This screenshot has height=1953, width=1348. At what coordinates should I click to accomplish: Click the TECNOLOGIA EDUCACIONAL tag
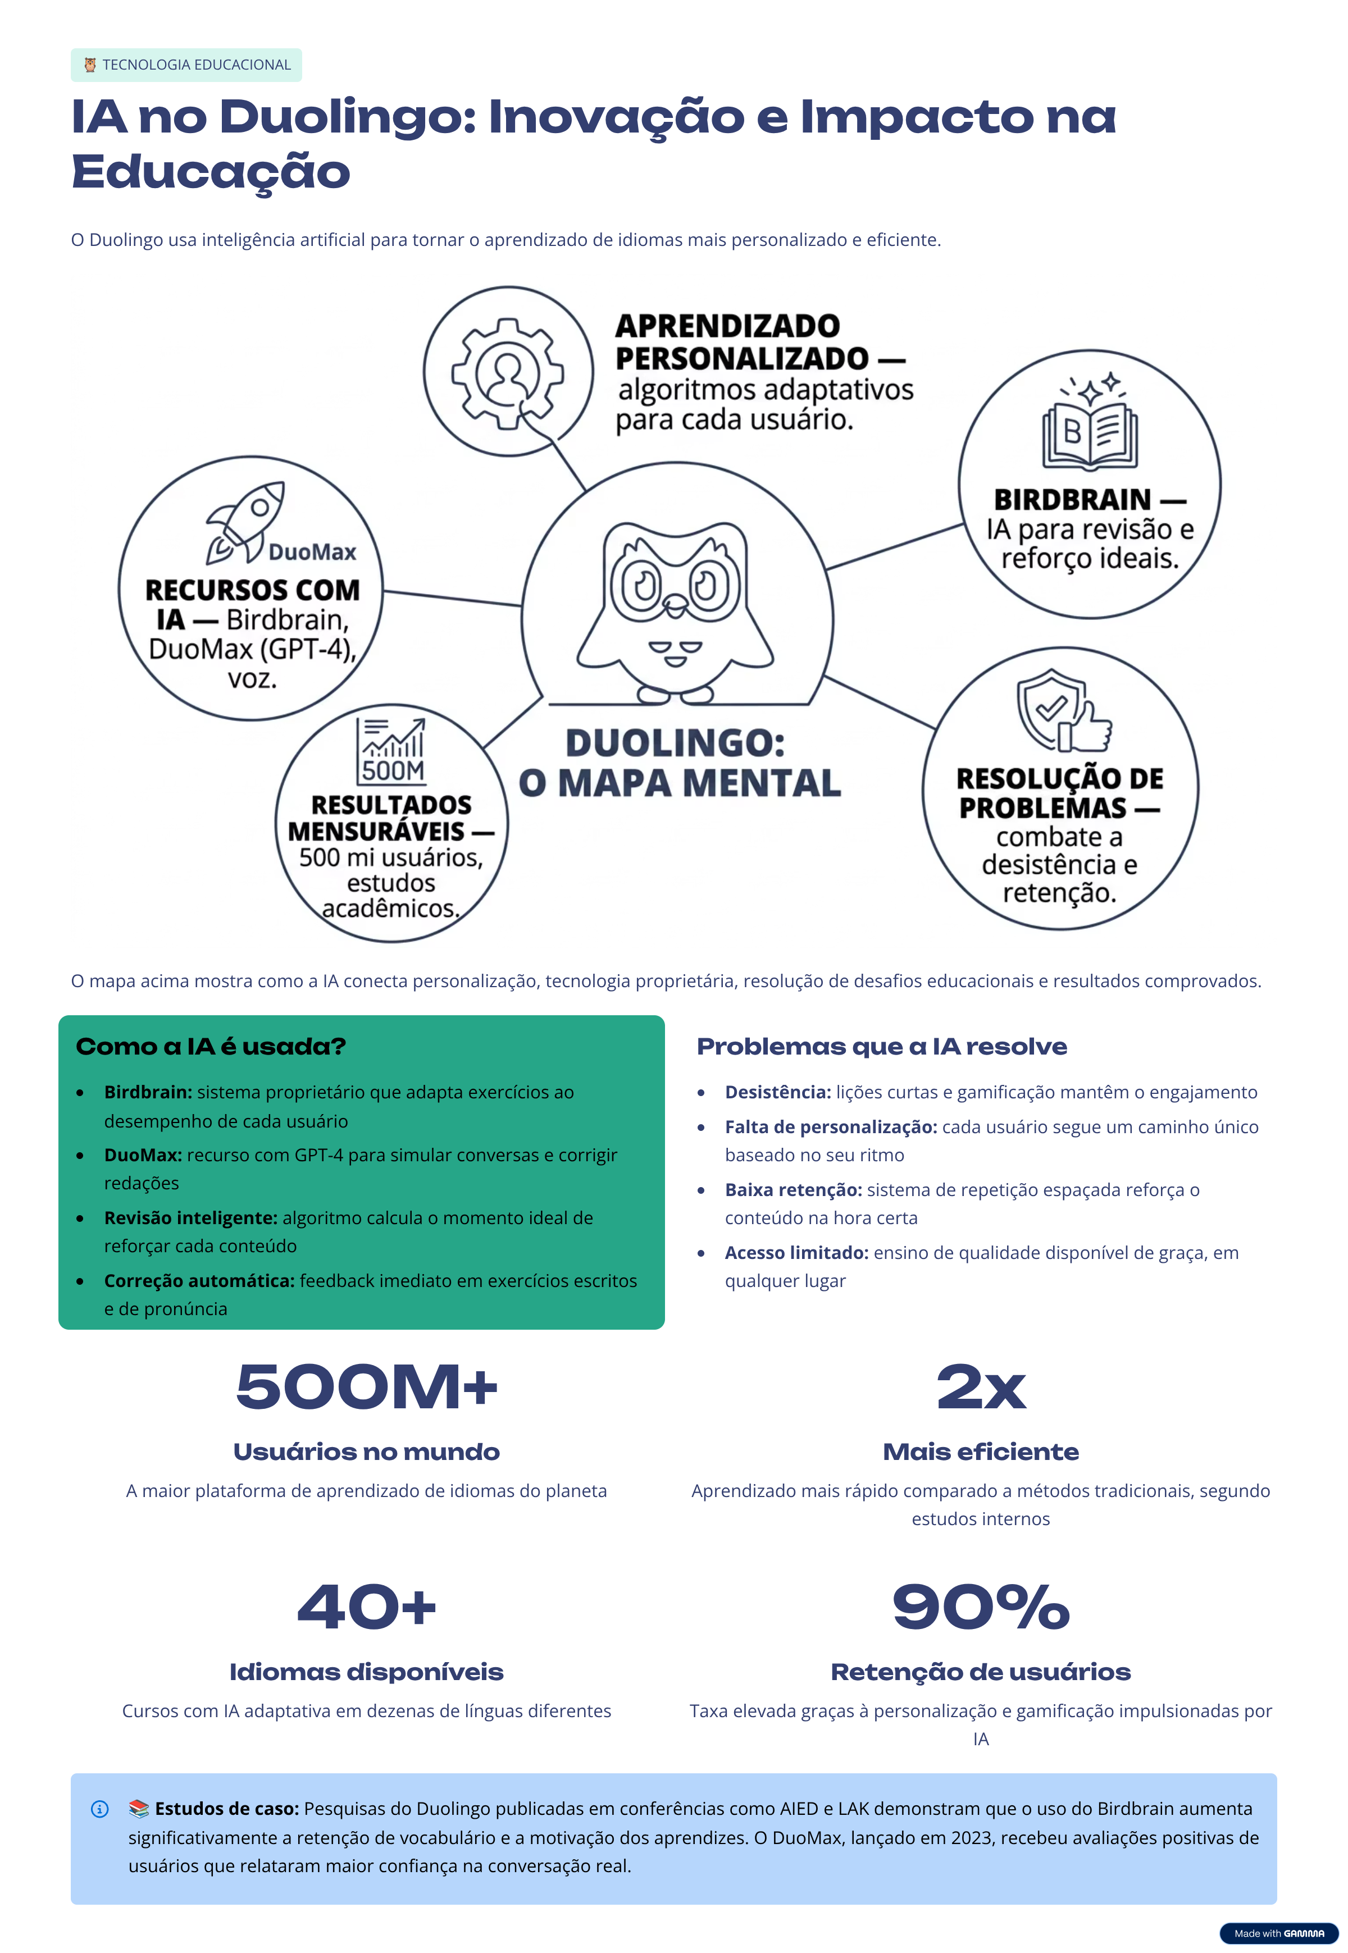click(x=186, y=65)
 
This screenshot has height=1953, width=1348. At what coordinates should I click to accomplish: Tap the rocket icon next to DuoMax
click(x=245, y=523)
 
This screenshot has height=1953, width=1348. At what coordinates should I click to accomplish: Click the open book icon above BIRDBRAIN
click(x=1090, y=424)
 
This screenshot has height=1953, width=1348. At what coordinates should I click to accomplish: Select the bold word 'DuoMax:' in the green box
click(x=143, y=1155)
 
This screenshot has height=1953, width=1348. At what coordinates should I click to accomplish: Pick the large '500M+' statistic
click(x=367, y=1388)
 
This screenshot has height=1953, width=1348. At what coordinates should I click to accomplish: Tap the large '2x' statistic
click(x=981, y=1388)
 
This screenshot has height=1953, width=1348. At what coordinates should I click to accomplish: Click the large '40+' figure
click(x=367, y=1606)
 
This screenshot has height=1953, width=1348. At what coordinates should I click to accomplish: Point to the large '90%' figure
click(x=981, y=1606)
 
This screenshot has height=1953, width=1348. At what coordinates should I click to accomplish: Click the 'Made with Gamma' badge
click(x=1279, y=1933)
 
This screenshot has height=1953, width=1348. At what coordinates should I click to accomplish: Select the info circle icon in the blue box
click(x=99, y=1809)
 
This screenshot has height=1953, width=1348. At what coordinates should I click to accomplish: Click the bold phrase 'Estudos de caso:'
click(x=226, y=1809)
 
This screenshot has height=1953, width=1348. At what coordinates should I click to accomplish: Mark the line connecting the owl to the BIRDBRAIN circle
click(x=894, y=546)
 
